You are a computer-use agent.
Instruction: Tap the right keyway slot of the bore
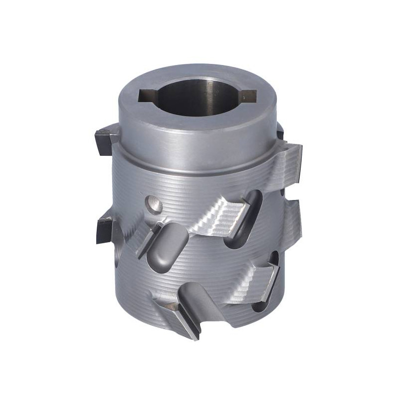click(248, 93)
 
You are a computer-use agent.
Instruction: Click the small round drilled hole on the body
click(153, 203)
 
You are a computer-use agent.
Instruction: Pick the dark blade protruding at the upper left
click(104, 141)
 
